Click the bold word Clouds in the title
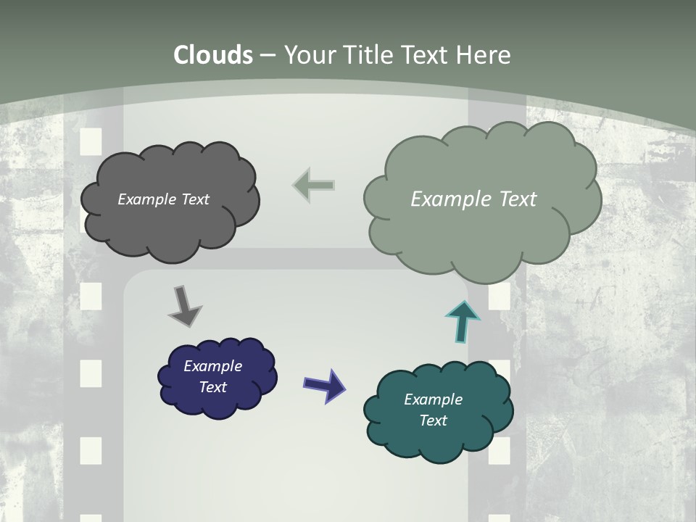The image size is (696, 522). point(213,55)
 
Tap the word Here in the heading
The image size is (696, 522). point(484,55)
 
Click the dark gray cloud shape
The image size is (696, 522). point(170,225)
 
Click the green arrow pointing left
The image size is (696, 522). point(314,185)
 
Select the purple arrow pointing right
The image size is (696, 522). point(325,385)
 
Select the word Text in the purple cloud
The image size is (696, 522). point(213,387)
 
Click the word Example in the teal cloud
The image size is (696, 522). point(433,399)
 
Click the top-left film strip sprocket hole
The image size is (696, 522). point(91,141)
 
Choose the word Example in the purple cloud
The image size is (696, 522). point(213,366)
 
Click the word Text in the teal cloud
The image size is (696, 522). point(433,420)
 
